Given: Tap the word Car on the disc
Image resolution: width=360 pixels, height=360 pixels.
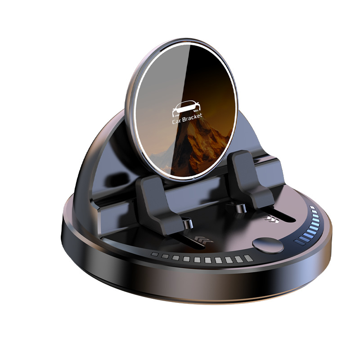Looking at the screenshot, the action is pyautogui.click(x=177, y=121).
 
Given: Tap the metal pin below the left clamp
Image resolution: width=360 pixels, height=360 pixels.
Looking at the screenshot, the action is pyautogui.click(x=189, y=224).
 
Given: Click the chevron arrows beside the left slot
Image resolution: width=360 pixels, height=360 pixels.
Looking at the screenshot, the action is pyautogui.click(x=204, y=240).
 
